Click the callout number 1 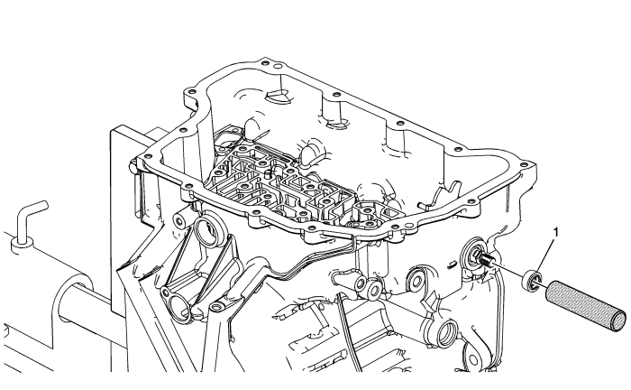coord(556,233)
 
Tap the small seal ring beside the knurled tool coord(531,281)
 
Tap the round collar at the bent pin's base coord(22,245)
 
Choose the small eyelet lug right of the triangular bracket coord(217,307)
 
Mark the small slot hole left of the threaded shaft coord(451,265)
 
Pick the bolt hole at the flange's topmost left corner coord(263,63)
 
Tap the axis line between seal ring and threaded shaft coord(507,269)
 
